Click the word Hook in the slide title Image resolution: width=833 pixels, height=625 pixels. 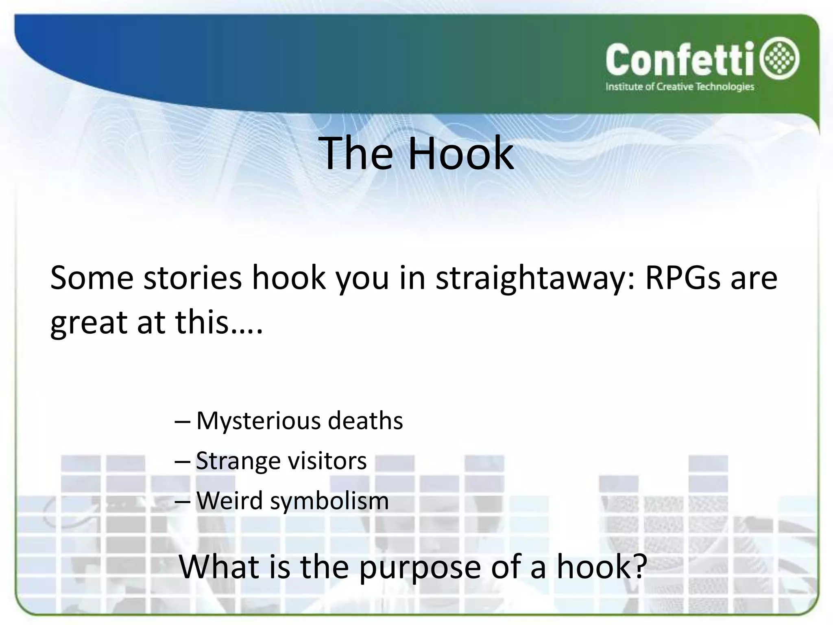point(460,153)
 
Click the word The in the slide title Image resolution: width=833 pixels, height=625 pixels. point(355,153)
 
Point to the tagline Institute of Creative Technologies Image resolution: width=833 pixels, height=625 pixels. point(680,87)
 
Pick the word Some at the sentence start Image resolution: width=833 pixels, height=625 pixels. point(92,278)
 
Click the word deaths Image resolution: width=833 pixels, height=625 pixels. point(365,421)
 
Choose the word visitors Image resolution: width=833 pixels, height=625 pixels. point(327,461)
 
